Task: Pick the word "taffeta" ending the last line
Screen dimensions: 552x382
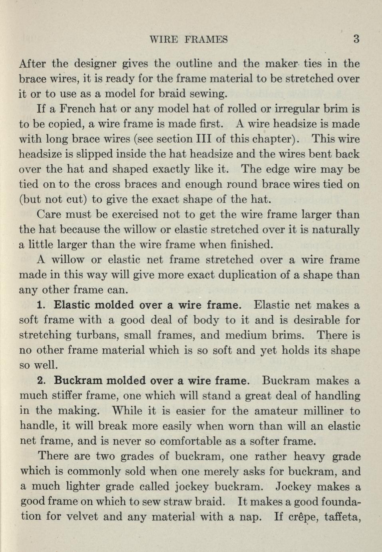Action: point(341,516)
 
